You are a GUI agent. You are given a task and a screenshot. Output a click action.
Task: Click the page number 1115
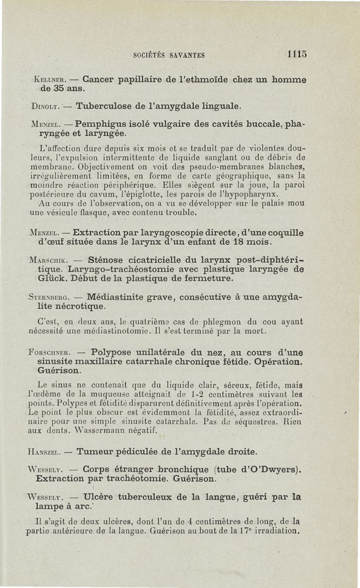pos(297,55)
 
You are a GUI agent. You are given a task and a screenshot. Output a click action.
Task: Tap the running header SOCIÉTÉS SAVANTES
pos(169,56)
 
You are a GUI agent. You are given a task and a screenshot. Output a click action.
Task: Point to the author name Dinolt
pos(46,107)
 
